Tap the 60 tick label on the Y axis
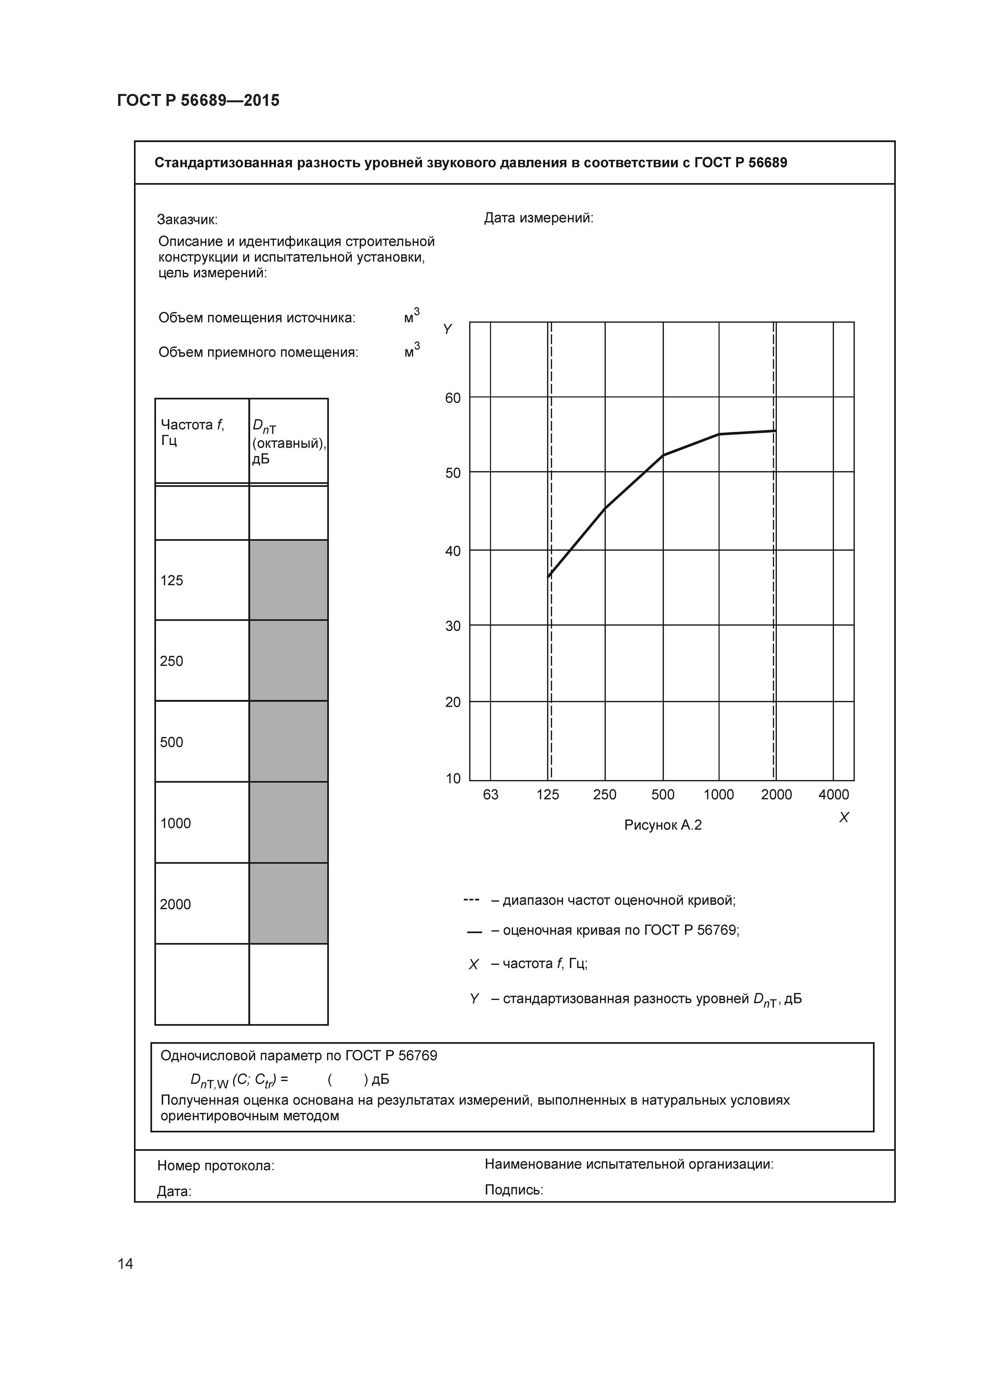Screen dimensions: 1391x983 [x=453, y=398]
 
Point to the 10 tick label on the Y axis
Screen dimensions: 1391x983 [x=453, y=778]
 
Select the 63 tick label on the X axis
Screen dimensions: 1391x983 [x=491, y=794]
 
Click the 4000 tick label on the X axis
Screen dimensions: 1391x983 [x=834, y=794]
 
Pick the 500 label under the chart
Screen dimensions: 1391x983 [x=663, y=794]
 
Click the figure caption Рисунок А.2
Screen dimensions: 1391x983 [x=663, y=825]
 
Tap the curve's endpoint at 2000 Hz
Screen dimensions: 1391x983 [x=775, y=431]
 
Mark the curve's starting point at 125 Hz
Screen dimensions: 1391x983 [x=549, y=576]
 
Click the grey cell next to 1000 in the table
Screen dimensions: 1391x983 [x=288, y=822]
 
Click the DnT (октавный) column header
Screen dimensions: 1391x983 [x=288, y=442]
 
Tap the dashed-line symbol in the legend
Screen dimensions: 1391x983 [x=471, y=900]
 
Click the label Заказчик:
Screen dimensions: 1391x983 [x=187, y=219]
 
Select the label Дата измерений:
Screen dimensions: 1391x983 [x=538, y=218]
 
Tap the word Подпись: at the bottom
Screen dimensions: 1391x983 [x=514, y=1190]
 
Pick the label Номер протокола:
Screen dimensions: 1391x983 [x=216, y=1166]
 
